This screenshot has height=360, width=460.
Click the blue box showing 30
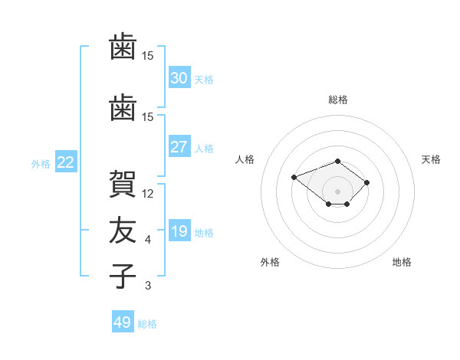(179, 77)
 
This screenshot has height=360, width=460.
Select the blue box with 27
(179, 146)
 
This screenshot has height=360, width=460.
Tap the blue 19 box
(179, 230)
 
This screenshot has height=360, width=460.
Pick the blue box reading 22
(66, 162)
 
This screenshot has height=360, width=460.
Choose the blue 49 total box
(123, 321)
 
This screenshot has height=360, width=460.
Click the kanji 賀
(123, 184)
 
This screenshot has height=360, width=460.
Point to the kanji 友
(123, 230)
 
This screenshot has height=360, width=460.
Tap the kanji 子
(123, 276)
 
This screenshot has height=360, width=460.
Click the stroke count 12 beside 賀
(147, 194)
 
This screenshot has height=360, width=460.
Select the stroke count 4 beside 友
(148, 240)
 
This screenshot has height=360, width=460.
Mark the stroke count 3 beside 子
(148, 286)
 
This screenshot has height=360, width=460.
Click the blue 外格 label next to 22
(41, 164)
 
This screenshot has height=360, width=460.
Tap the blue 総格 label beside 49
(147, 324)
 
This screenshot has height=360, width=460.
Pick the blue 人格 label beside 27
(204, 149)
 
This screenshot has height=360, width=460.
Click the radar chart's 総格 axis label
(338, 100)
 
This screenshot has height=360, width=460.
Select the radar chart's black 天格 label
(431, 159)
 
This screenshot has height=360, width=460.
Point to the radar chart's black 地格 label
(402, 262)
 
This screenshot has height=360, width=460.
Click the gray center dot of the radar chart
(337, 191)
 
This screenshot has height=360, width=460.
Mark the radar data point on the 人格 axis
(294, 178)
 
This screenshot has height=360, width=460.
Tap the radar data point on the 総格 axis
(337, 162)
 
